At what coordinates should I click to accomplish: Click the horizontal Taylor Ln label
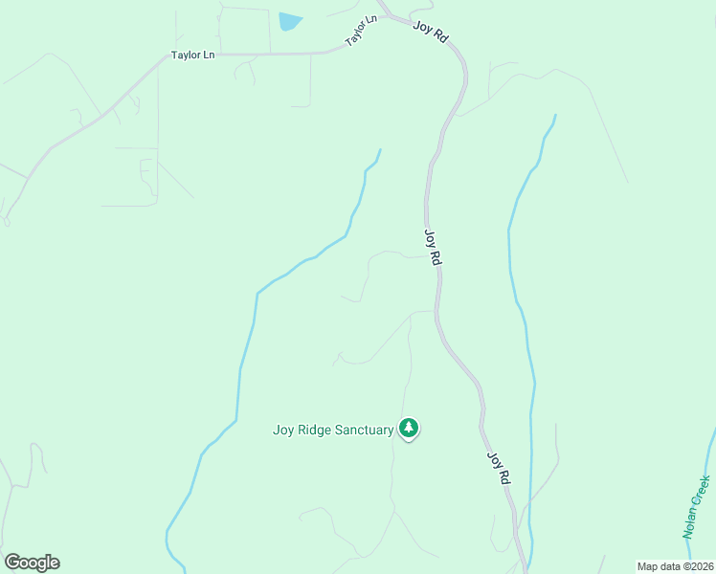click(193, 55)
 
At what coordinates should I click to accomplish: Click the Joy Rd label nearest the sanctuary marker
click(497, 469)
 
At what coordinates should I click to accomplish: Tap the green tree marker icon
click(409, 429)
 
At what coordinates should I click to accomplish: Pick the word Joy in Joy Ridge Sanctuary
click(283, 430)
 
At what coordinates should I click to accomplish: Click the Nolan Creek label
click(698, 508)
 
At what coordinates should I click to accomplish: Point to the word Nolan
click(693, 522)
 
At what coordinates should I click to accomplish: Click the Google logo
click(32, 563)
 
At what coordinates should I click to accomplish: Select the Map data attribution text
click(675, 566)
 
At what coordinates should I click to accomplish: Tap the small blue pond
click(289, 20)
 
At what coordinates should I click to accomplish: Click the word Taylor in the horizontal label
click(187, 55)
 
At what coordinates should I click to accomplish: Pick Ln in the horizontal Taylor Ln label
click(209, 55)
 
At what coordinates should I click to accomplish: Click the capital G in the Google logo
click(12, 563)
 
